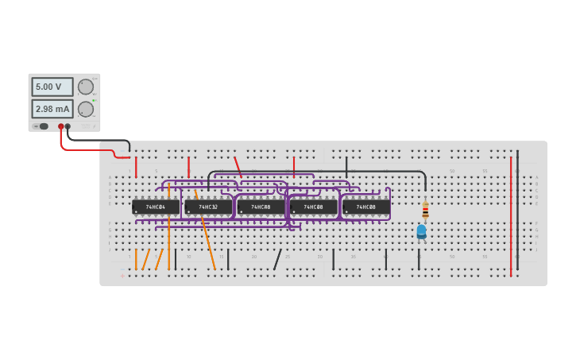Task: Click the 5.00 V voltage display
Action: point(52,87)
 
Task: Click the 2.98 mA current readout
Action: point(52,109)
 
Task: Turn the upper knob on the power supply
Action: point(85,87)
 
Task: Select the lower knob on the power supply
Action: point(85,109)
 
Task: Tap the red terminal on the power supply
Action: point(60,126)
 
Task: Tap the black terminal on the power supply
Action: point(68,126)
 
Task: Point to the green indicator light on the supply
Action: point(95,100)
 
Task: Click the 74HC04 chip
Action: point(156,207)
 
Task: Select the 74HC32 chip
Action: point(208,207)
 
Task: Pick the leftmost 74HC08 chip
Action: point(261,207)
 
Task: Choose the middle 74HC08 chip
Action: point(313,207)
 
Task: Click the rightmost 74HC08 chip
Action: point(365,207)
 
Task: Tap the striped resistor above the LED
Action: point(425,210)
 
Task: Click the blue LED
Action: point(421,231)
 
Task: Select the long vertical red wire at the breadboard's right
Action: point(511,215)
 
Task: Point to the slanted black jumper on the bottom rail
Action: point(277,259)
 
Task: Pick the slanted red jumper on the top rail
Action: point(238,166)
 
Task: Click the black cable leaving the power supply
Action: point(95,140)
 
